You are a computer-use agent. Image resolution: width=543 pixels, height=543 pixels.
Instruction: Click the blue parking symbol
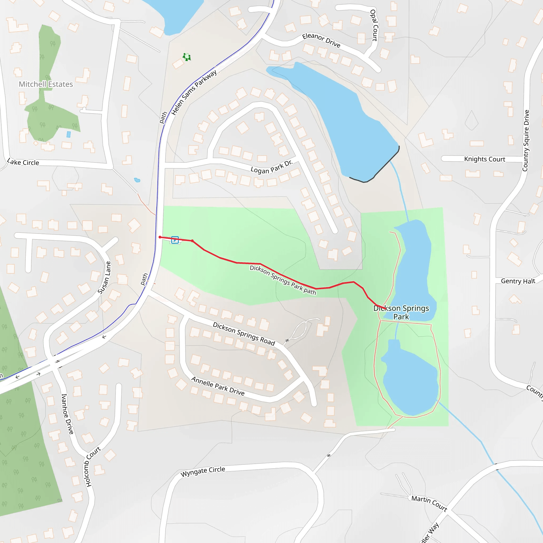pyautogui.click(x=175, y=240)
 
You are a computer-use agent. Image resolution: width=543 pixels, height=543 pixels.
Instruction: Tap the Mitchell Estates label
pyautogui.click(x=46, y=84)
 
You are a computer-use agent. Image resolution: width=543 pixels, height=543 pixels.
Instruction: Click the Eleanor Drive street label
pyautogui.click(x=321, y=40)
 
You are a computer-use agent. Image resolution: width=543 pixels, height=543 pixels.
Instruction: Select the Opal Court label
pyautogui.click(x=374, y=25)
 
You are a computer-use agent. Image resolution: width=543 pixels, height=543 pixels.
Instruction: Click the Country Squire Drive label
pyautogui.click(x=526, y=141)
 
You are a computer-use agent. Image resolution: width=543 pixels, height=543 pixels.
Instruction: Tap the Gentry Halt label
pyautogui.click(x=518, y=281)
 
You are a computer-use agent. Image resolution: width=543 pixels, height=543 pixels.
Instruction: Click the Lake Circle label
pyautogui.click(x=23, y=162)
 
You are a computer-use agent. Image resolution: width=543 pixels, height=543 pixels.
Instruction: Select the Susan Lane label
pyautogui.click(x=104, y=278)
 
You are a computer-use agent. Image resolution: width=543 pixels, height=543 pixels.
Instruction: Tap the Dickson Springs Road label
pyautogui.click(x=244, y=334)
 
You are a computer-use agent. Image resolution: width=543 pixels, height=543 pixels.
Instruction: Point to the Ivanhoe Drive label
pyautogui.click(x=67, y=414)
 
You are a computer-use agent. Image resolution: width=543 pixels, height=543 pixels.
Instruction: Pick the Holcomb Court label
pyautogui.click(x=92, y=467)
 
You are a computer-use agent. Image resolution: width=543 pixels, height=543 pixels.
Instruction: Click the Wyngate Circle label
pyautogui.click(x=203, y=471)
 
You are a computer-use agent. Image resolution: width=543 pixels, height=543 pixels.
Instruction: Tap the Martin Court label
pyautogui.click(x=429, y=503)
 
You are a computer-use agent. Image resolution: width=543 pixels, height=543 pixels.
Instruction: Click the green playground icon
pyautogui.click(x=187, y=57)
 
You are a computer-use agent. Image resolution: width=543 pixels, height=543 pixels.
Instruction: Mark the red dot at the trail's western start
pyautogui.click(x=160, y=237)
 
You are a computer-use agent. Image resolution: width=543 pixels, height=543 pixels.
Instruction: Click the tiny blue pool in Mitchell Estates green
pyautogui.click(x=69, y=134)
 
